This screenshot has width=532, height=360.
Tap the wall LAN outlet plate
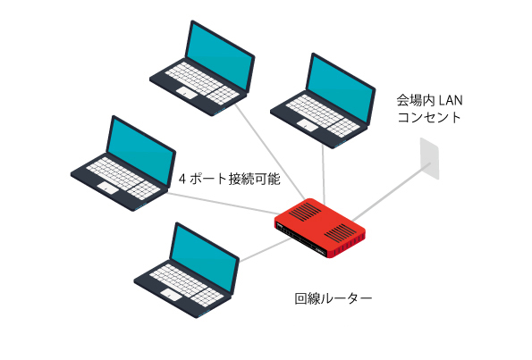[429, 158]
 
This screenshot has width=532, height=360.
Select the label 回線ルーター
[334, 298]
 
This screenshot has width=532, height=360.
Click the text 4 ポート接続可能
[230, 179]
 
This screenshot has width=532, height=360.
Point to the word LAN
[451, 100]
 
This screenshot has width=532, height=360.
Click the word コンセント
[429, 117]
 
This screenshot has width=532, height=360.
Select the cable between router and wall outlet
[391, 191]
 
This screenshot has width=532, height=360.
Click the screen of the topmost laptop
[220, 56]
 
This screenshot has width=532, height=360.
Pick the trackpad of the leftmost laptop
[108, 188]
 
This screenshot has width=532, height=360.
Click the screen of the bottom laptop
[204, 258]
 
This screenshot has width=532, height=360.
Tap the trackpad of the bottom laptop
[172, 295]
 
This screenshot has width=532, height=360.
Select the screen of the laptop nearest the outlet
[341, 88]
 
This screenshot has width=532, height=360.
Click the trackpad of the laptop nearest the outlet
[308, 125]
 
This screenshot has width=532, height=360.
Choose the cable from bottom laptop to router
[266, 250]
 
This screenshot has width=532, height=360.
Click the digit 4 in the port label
[182, 179]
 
